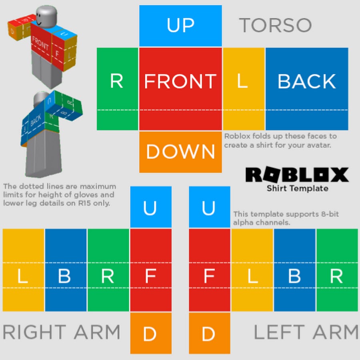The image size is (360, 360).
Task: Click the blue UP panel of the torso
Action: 180,26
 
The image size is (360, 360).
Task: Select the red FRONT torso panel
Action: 180,89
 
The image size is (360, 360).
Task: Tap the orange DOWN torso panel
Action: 180,152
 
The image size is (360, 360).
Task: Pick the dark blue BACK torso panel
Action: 307,89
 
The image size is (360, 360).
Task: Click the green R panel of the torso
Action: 118,89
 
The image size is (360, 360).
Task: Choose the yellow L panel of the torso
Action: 244,89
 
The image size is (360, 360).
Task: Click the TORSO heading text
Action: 275,25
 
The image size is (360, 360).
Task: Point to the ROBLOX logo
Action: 297,175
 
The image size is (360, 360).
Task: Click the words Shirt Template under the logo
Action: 297,188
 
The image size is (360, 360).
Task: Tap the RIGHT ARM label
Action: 62,332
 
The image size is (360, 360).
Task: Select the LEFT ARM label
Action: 306,332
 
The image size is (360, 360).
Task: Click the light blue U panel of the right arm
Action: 151,207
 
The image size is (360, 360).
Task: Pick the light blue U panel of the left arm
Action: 210,207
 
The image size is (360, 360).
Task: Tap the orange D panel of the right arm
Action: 151,333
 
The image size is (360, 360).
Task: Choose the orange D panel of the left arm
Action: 210,333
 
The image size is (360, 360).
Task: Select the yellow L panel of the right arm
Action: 24,270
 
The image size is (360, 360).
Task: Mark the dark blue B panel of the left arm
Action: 294,270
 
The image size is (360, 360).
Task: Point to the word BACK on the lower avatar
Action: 36,120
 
